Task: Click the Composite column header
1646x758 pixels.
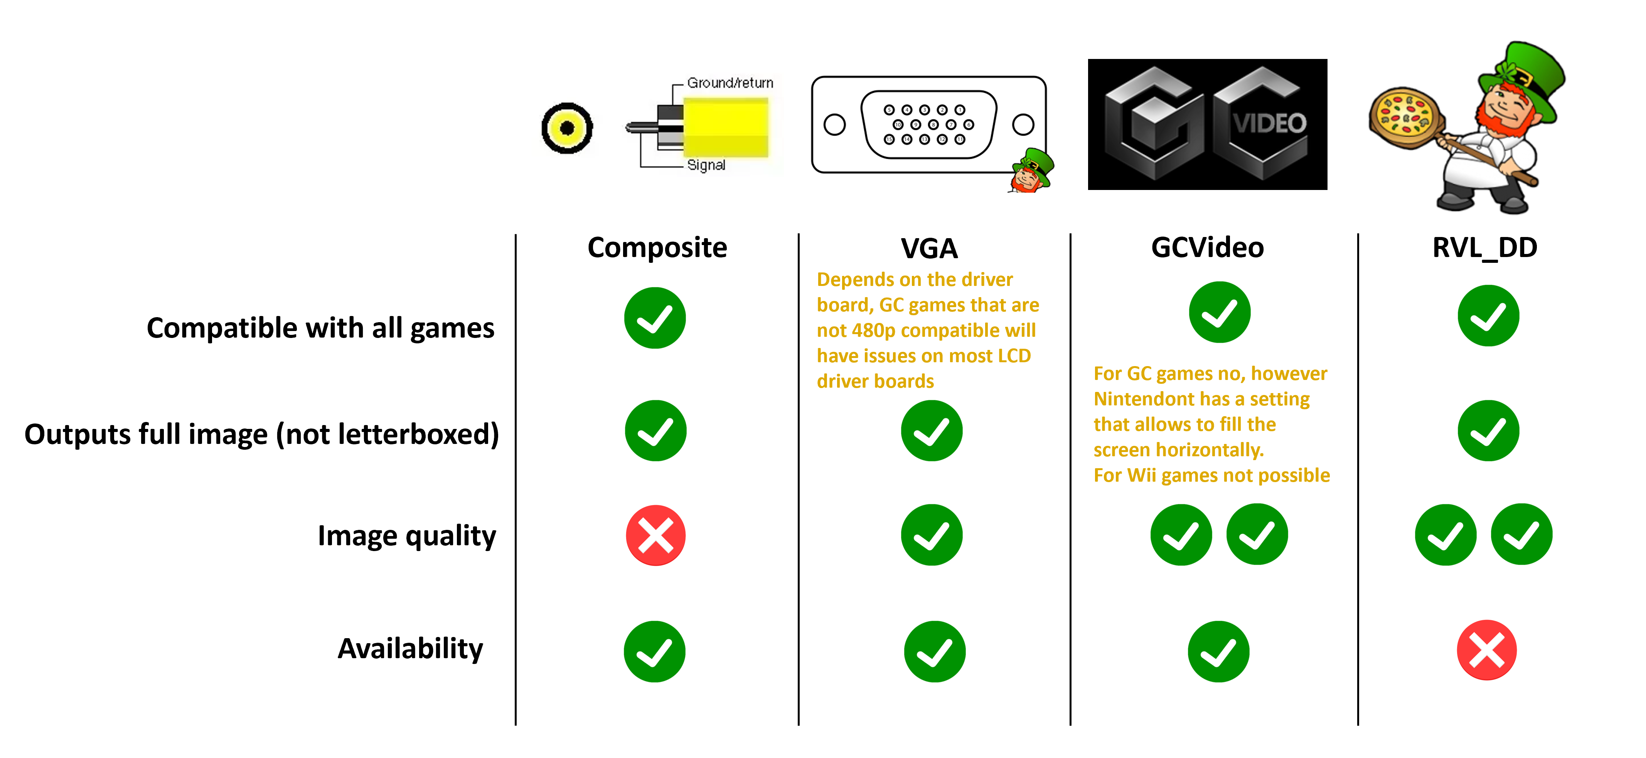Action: click(x=657, y=248)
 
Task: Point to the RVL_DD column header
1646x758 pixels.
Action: click(x=1484, y=248)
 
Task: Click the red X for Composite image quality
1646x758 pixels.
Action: click(x=655, y=535)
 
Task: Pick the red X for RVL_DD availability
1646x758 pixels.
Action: click(x=1486, y=650)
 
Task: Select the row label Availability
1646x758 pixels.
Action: click(x=410, y=649)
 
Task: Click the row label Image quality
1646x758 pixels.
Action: click(x=406, y=536)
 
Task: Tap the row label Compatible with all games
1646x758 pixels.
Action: click(x=320, y=328)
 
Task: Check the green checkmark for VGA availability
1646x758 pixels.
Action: click(x=934, y=651)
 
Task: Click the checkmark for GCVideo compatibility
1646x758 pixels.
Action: click(x=1219, y=312)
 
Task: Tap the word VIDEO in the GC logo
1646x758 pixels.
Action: click(x=1269, y=123)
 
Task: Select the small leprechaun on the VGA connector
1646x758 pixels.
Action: click(x=1031, y=170)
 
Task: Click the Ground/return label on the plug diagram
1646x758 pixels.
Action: click(x=730, y=83)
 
